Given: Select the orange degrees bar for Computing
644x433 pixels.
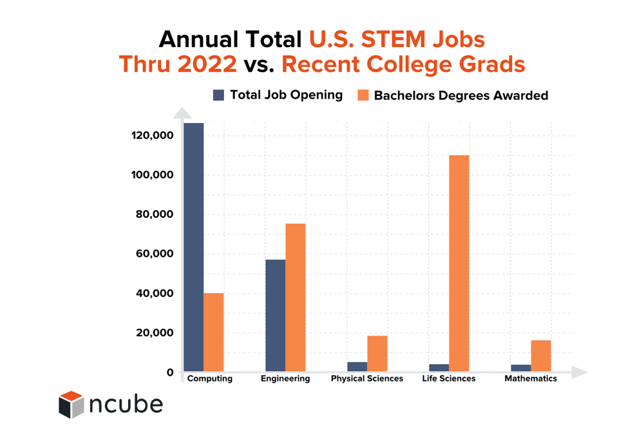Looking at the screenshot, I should [213, 332].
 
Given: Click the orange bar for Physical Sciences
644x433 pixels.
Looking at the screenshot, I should [377, 354].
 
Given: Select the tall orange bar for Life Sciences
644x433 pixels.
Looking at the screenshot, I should [459, 264].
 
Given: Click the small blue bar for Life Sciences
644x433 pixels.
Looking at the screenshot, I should [439, 368].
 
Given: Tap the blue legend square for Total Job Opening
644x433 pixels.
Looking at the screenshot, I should [218, 95].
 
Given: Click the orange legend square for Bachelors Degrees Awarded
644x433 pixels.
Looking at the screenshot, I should [363, 95].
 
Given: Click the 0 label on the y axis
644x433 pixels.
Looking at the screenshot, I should [170, 372].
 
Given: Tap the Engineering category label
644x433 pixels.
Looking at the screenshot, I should [285, 379].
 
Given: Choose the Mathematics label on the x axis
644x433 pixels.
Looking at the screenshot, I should [531, 379].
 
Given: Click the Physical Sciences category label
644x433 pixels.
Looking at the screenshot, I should [367, 379].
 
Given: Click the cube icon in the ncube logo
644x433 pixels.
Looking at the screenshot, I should [71, 404].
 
